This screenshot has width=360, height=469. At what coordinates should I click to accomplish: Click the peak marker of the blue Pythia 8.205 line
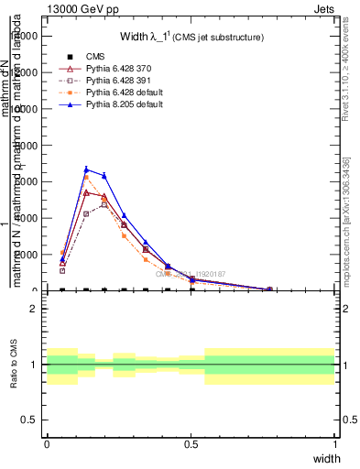click(86, 169)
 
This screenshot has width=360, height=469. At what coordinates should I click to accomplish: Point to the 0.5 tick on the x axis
click(191, 443)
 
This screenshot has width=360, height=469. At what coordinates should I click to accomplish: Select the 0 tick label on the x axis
click(47, 443)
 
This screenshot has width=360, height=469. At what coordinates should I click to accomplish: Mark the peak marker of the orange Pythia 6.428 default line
click(86, 178)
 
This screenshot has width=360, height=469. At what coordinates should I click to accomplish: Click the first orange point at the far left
click(62, 253)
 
